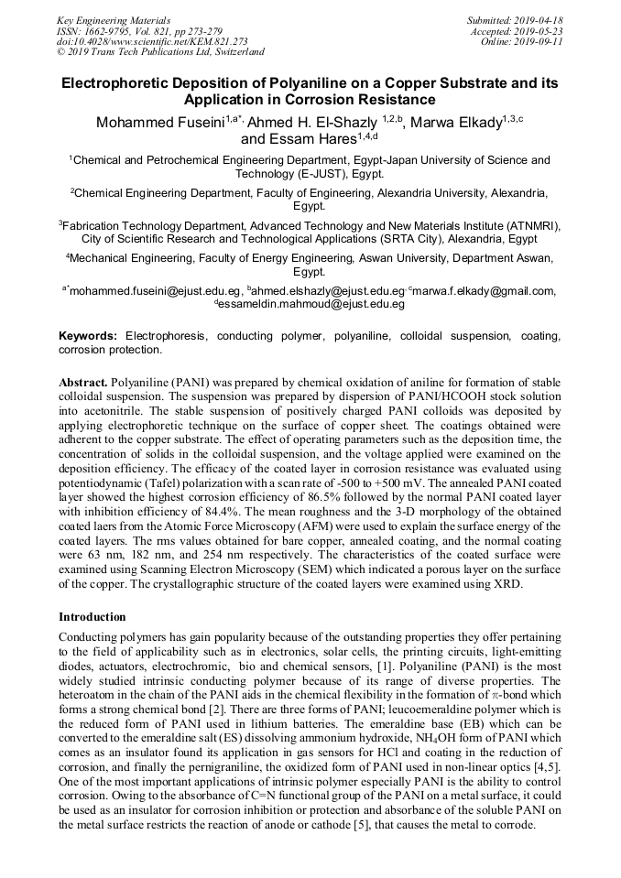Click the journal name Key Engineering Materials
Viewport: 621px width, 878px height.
[x=113, y=20]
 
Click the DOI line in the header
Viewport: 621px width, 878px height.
[x=152, y=42]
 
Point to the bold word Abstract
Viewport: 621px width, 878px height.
[x=83, y=380]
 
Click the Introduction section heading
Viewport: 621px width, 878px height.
[x=93, y=616]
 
